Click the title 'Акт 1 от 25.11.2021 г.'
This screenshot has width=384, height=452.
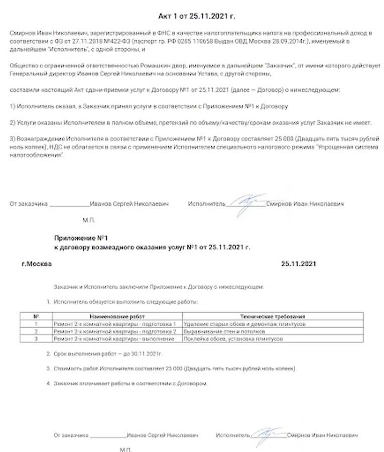[x=192, y=16]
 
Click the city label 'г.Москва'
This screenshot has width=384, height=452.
[x=36, y=263]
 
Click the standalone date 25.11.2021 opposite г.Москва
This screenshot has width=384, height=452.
[x=299, y=263]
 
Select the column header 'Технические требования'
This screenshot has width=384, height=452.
[x=273, y=317]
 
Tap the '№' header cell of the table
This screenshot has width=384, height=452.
[x=36, y=317]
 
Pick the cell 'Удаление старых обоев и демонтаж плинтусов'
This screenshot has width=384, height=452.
[x=245, y=324]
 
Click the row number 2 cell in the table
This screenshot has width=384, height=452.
[x=36, y=331]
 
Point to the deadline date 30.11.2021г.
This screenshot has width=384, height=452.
[x=147, y=354]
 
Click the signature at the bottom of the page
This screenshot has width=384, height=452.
[x=268, y=435]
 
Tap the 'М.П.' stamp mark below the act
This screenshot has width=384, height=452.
[x=88, y=220]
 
